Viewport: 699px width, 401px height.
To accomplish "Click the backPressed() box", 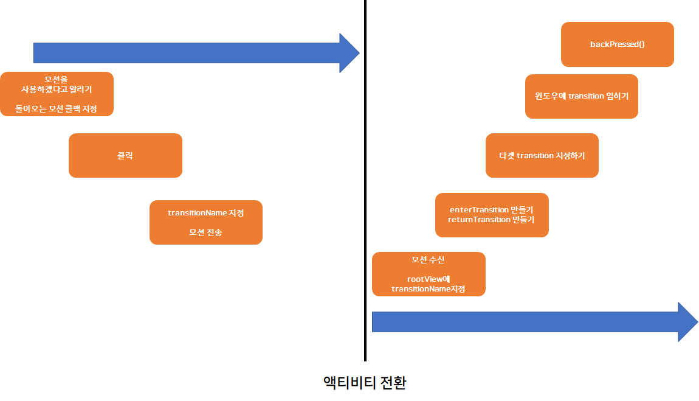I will [617, 44].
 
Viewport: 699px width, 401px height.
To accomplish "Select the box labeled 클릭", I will [125, 155].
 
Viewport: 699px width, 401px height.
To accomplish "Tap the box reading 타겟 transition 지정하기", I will [542, 155].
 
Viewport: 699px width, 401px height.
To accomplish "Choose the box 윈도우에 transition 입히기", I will [581, 96].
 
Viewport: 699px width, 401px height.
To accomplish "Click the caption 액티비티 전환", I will [365, 383].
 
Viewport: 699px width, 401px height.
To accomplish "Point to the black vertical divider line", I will [365, 183].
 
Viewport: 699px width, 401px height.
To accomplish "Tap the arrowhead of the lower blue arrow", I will [688, 321].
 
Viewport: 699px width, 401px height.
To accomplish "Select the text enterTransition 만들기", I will [492, 210].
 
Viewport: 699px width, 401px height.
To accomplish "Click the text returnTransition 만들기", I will [492, 220].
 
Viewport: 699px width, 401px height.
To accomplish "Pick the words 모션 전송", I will [205, 232].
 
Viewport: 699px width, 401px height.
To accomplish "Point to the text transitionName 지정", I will [205, 213].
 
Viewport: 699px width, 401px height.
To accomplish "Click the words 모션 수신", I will [428, 260].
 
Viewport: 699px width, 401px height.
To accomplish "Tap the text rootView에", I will [428, 279].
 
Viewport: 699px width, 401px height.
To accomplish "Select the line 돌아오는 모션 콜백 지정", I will [57, 109].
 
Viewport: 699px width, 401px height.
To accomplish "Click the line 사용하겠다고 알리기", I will [57, 89].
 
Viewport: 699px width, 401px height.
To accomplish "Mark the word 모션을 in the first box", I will [57, 80].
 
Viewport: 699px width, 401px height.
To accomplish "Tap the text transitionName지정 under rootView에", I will [428, 289].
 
